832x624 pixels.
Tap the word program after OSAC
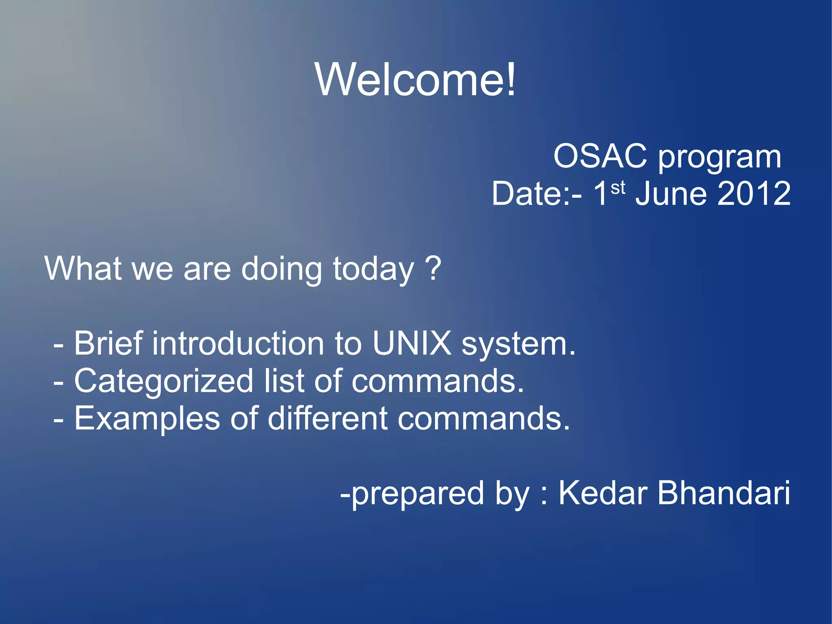(x=719, y=158)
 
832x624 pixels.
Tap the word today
(x=373, y=270)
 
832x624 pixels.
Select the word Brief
(x=108, y=344)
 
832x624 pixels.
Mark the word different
(x=327, y=418)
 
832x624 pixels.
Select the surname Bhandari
(x=724, y=493)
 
